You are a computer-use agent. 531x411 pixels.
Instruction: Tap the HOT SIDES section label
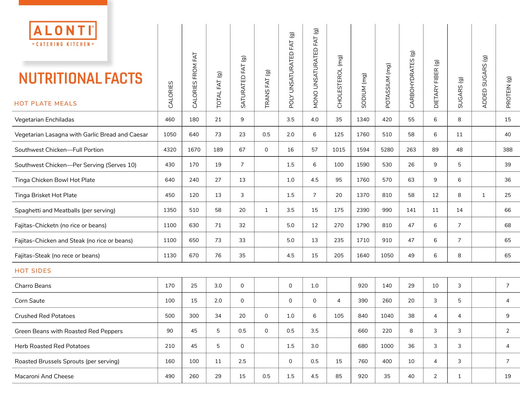pyautogui.click(x=33, y=271)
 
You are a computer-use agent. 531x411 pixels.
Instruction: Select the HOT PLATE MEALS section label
pyautogui.click(x=46, y=104)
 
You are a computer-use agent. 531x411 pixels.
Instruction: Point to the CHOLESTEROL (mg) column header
pyautogui.click(x=340, y=82)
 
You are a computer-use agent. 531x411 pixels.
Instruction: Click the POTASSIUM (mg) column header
pyautogui.click(x=388, y=86)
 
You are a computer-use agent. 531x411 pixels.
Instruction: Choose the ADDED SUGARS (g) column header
pyautogui.click(x=484, y=82)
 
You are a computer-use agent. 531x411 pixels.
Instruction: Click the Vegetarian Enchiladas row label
pyautogui.click(x=44, y=120)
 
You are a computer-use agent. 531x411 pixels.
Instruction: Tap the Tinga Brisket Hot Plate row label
pyautogui.click(x=46, y=195)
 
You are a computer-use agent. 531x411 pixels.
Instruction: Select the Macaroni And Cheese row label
pyautogui.click(x=44, y=376)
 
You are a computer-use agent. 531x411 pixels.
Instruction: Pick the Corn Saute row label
pyautogui.click(x=30, y=301)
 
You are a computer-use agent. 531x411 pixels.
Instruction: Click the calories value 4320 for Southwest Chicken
pyautogui.click(x=170, y=150)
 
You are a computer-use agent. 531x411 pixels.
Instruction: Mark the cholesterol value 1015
pyautogui.click(x=339, y=150)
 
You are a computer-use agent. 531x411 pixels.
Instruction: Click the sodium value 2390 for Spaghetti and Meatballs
pyautogui.click(x=363, y=210)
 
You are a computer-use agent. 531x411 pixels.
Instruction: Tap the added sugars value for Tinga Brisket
pyautogui.click(x=483, y=195)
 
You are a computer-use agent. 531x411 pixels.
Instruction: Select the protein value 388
pyautogui.click(x=507, y=150)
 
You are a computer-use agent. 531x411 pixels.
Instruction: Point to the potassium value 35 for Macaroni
pyautogui.click(x=387, y=376)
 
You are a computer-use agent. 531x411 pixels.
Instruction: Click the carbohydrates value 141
pyautogui.click(x=411, y=210)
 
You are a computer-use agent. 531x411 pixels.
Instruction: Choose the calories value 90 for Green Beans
pyautogui.click(x=170, y=331)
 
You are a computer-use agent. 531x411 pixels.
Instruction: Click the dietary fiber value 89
pyautogui.click(x=435, y=150)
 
